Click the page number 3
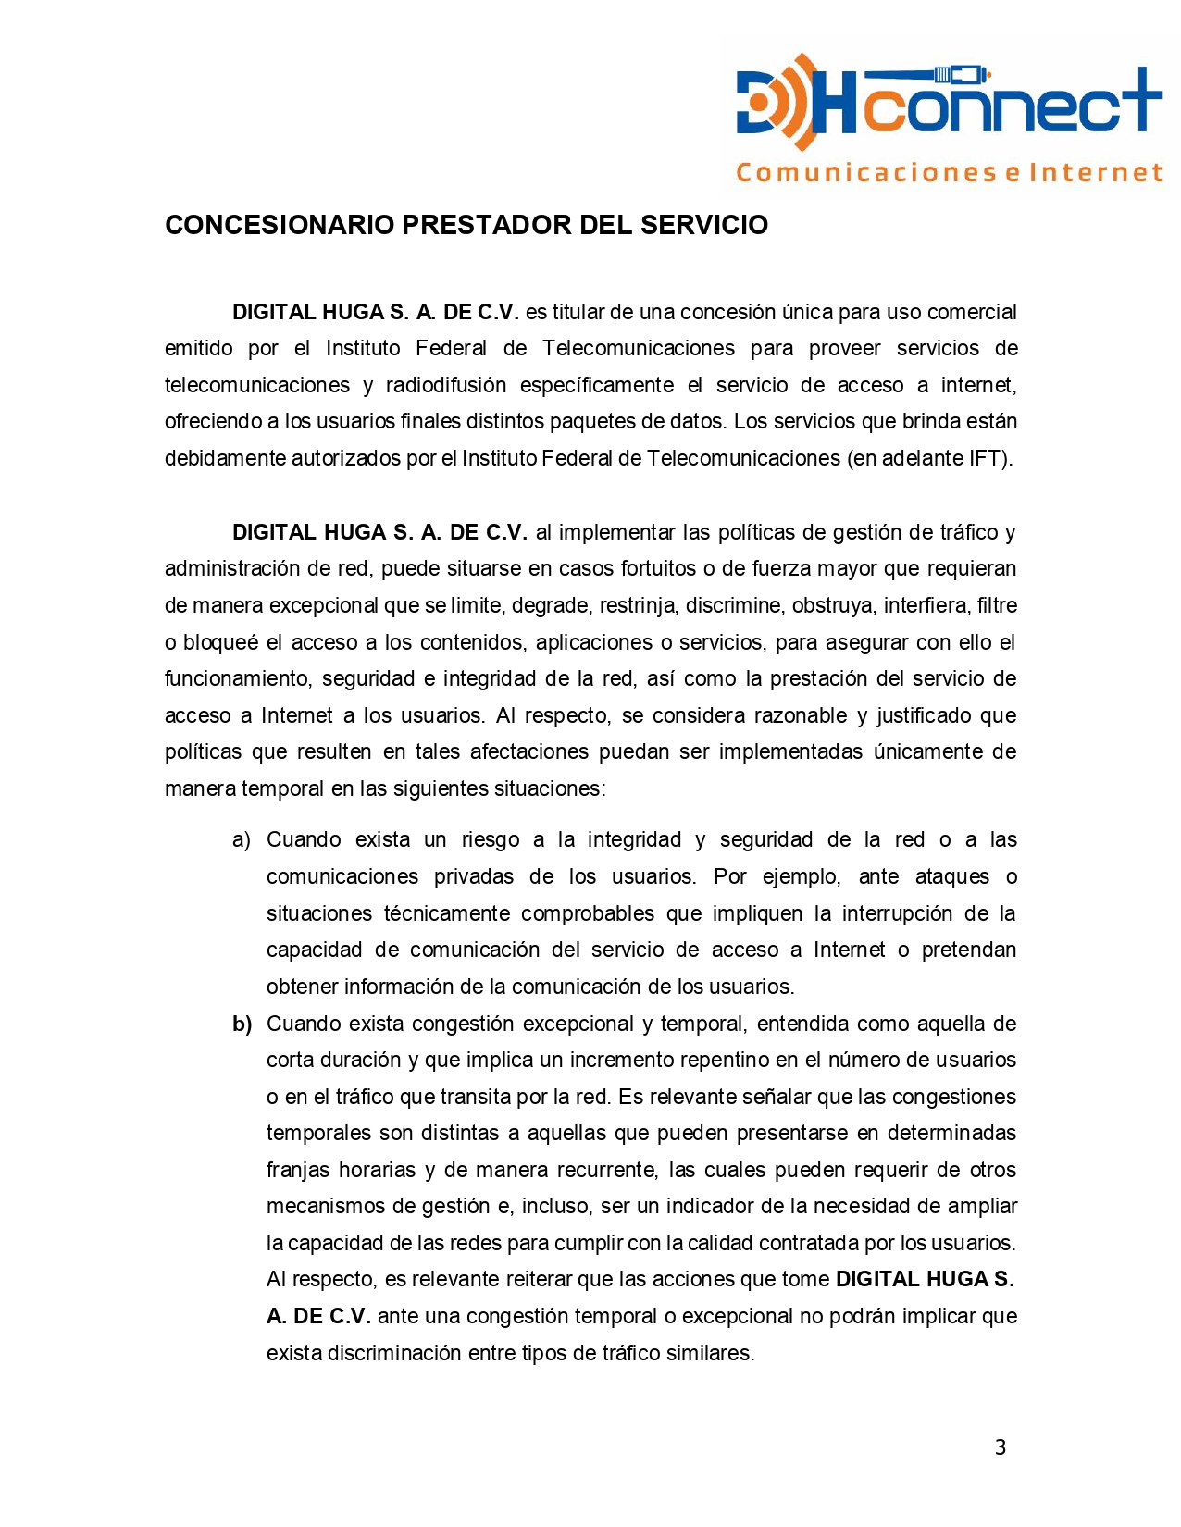1000,1447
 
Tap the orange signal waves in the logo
799,102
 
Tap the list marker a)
242,840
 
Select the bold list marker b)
242,1024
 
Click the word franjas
297,1171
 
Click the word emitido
199,349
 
